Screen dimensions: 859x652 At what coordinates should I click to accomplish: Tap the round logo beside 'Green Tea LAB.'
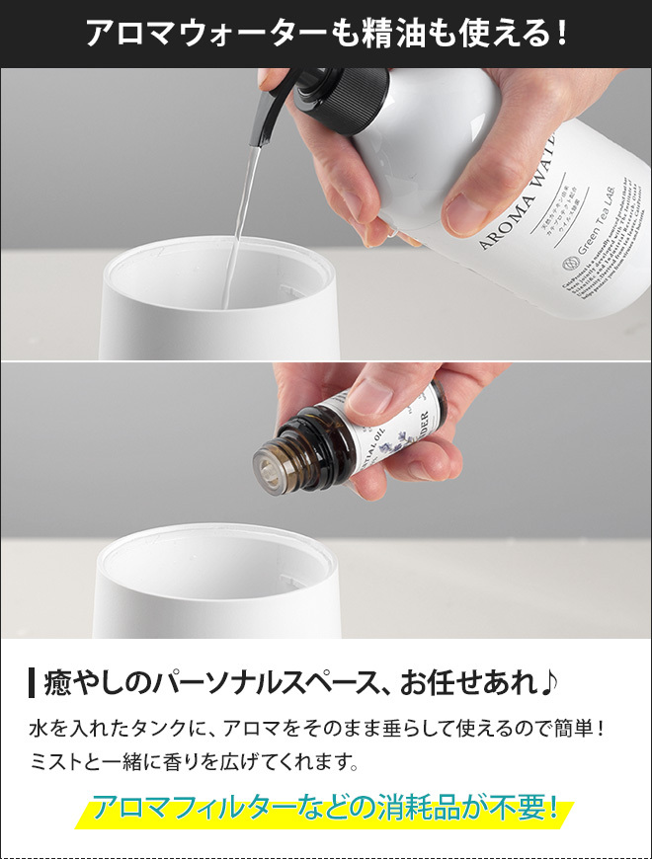click(567, 267)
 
